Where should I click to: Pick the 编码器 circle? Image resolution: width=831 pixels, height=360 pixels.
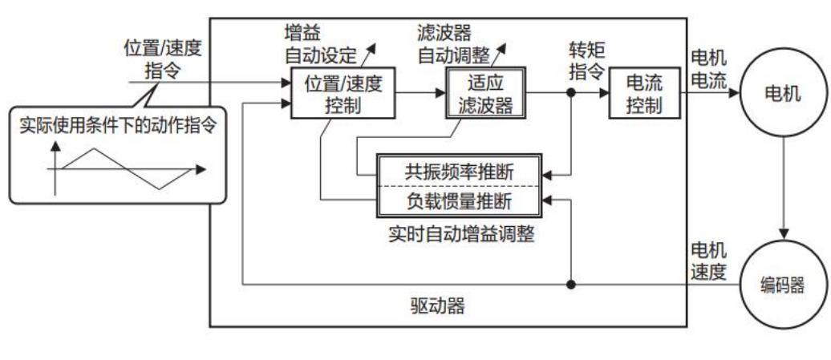tap(776, 285)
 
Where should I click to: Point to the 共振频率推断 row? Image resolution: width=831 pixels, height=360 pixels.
tap(460, 170)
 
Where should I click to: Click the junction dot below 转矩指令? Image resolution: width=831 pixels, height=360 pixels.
tap(571, 93)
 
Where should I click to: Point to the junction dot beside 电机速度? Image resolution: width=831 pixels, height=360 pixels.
tap(571, 284)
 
